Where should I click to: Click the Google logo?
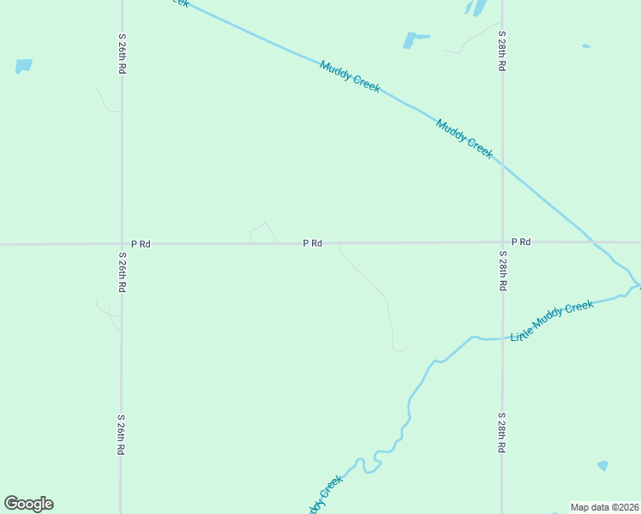coord(28,504)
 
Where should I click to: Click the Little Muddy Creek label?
coord(551,320)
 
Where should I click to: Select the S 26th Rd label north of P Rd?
coord(123,54)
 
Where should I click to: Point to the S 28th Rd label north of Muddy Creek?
coord(502,52)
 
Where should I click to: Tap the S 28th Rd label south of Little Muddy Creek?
coord(502,433)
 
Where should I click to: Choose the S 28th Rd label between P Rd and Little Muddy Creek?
coord(502,270)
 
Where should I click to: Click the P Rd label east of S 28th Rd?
coord(521,242)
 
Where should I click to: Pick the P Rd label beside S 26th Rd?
coord(141,244)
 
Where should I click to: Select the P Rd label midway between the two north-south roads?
coord(312,243)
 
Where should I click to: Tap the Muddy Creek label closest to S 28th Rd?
coord(464,138)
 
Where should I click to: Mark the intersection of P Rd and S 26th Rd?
coord(121,244)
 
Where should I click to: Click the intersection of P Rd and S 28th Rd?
coord(502,242)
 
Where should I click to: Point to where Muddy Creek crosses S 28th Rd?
coord(502,165)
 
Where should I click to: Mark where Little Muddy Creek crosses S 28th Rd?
coord(502,338)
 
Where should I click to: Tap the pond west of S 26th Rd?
coord(23,65)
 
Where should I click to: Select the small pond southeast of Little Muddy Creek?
coord(602,465)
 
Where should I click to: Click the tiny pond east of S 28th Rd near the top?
coord(586,46)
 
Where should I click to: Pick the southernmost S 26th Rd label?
coord(121,434)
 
